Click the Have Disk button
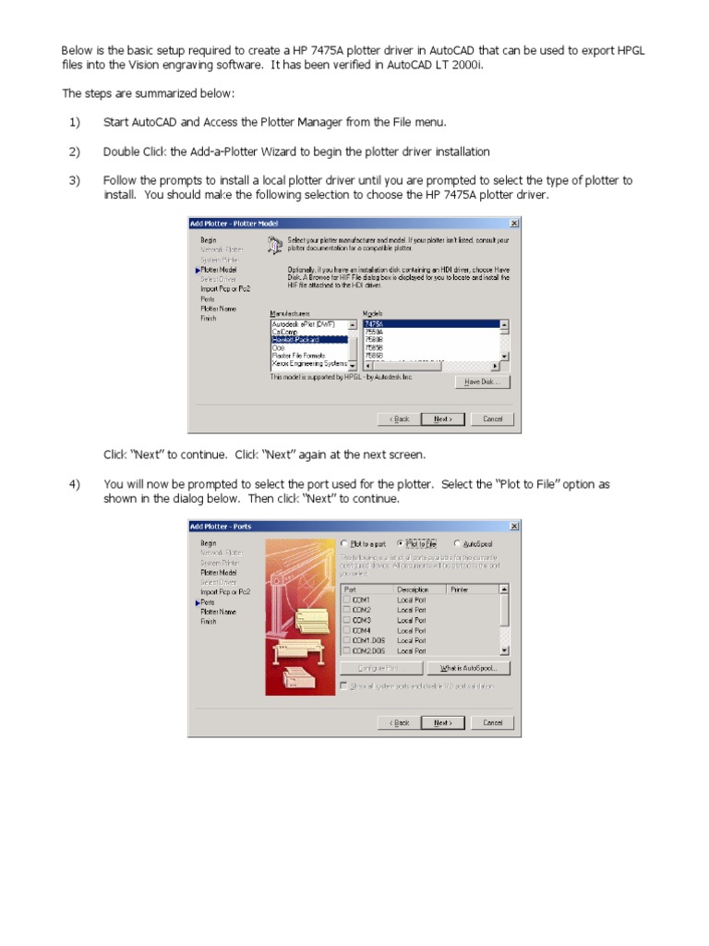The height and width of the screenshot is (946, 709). coord(482,382)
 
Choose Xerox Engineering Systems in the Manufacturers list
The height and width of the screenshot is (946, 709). coord(308,364)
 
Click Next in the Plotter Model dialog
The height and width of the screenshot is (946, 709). coord(442,418)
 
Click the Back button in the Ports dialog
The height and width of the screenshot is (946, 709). coord(399,722)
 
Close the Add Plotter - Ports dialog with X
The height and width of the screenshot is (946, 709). coord(514,527)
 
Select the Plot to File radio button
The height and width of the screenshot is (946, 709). coord(401,544)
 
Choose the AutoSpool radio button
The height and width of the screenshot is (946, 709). coord(457,544)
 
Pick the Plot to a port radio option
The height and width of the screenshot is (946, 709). coord(344,544)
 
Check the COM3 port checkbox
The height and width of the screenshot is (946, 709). coord(346,620)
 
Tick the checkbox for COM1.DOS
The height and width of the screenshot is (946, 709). coord(346,640)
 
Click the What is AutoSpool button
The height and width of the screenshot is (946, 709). coord(468,668)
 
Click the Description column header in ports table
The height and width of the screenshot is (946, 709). coord(413,588)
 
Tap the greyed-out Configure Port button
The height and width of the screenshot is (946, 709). coord(381,668)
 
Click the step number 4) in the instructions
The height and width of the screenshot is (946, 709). coord(74,484)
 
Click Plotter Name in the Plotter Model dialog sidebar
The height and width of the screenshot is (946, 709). coord(218,309)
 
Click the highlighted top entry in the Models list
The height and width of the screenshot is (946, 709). coord(429,324)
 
